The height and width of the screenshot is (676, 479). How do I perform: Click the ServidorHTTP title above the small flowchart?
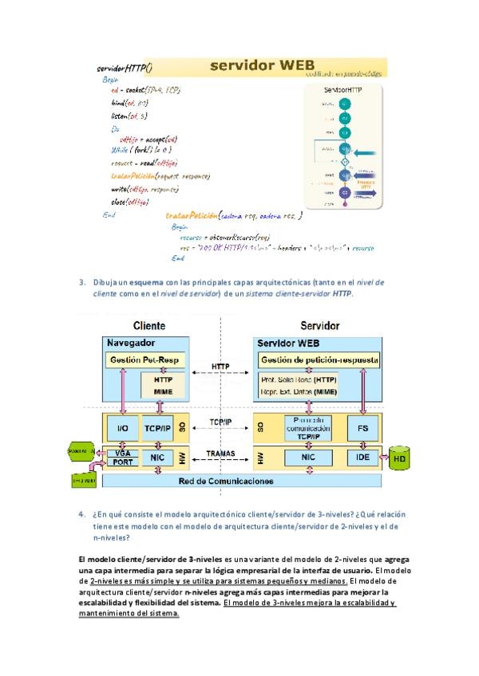point(342,91)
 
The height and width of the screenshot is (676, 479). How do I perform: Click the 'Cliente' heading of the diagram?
point(149,325)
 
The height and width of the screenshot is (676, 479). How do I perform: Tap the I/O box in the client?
point(123,428)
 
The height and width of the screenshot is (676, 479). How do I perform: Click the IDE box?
point(362,458)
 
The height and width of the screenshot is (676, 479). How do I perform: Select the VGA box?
point(123,453)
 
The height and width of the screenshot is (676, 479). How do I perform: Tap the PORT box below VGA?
point(123,462)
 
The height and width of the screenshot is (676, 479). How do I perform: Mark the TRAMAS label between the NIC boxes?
point(221,453)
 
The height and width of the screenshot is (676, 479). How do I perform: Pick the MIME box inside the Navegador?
point(163,392)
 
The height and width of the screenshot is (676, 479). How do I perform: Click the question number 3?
point(82,282)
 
